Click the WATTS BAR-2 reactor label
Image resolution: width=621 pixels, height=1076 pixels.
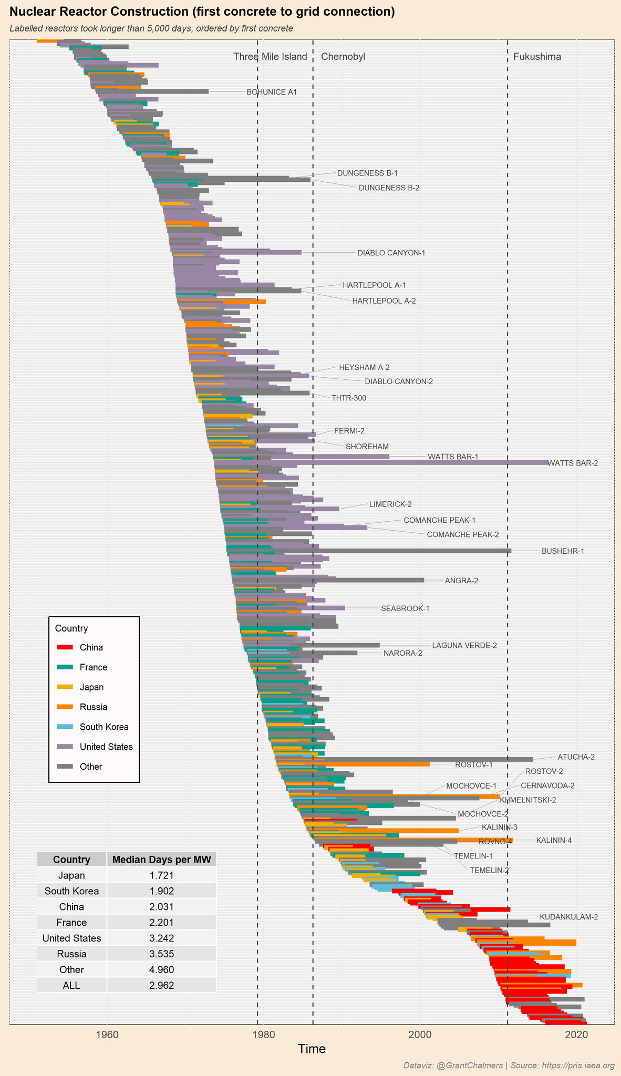click(573, 463)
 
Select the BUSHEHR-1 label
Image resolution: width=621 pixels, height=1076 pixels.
click(563, 551)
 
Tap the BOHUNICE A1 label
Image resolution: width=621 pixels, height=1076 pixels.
click(272, 92)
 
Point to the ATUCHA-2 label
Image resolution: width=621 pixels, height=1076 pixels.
click(576, 757)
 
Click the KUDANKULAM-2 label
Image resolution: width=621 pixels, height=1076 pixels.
click(568, 917)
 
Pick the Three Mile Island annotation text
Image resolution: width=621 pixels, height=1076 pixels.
click(270, 57)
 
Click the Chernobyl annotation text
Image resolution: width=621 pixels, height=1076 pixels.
click(343, 57)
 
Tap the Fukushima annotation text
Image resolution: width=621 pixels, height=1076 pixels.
click(537, 57)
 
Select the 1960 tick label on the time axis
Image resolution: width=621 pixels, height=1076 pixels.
click(107, 1034)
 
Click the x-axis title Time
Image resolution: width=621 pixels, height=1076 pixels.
click(312, 1049)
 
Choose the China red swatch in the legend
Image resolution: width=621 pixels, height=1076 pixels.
click(65, 647)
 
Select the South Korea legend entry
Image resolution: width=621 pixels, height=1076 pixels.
click(104, 727)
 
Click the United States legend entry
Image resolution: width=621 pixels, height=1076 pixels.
click(106, 747)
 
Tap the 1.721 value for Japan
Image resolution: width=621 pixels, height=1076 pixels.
click(161, 875)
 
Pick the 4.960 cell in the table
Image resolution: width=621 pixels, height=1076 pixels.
click(161, 969)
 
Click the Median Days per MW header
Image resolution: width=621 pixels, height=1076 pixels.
click(161, 860)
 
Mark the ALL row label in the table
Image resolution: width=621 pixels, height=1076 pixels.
click(71, 985)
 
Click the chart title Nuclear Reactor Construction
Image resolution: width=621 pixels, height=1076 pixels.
click(202, 12)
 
